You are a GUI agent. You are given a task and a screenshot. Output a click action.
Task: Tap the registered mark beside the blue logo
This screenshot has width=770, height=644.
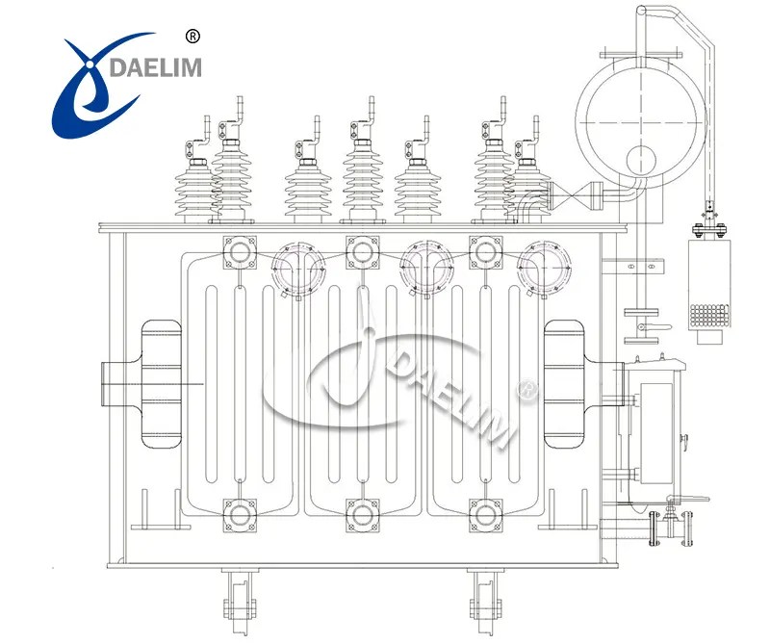[x=191, y=36]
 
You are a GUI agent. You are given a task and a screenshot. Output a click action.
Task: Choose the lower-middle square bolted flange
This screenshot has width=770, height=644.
[x=362, y=514]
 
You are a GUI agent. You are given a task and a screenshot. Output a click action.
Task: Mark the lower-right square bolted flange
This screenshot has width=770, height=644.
[x=483, y=514]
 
